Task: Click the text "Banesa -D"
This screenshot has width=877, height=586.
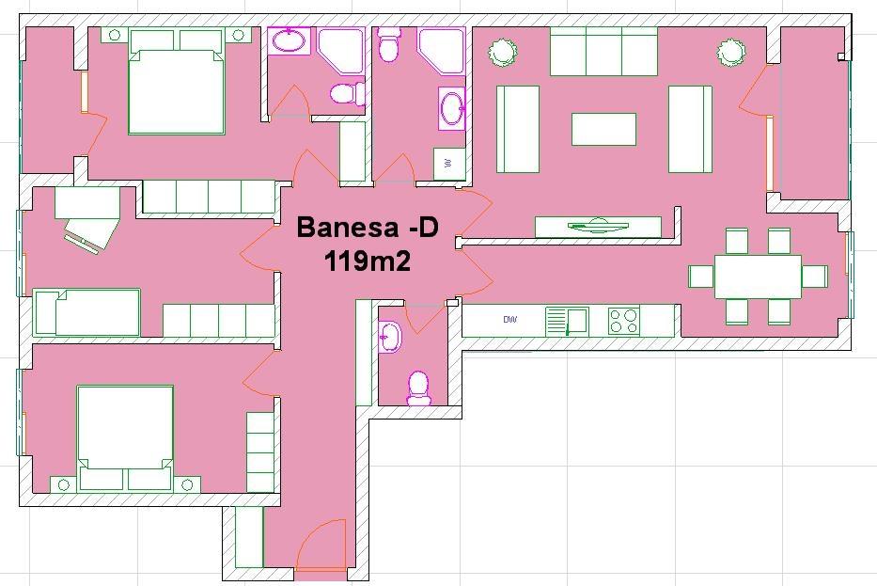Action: click(368, 228)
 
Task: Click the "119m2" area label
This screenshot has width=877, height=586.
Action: click(368, 261)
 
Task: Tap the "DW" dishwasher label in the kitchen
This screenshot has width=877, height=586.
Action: click(510, 320)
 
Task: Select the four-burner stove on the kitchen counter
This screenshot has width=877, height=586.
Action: click(624, 322)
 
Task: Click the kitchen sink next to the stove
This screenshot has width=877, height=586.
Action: click(567, 322)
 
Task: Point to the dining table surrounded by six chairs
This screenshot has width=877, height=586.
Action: click(758, 277)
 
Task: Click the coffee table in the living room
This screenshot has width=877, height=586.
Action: click(603, 129)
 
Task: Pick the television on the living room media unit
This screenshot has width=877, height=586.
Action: click(598, 225)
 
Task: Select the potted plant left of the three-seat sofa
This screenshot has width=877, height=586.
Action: click(503, 52)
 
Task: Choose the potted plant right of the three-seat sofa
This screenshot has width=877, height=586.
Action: click(731, 52)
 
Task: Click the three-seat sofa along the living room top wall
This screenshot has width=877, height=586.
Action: click(603, 52)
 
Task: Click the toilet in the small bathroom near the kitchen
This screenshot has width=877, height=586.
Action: click(418, 388)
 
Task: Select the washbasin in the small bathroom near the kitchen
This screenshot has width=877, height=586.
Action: click(389, 338)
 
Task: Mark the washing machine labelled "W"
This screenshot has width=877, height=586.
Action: click(449, 164)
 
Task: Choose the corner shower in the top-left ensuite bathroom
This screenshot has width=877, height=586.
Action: click(341, 51)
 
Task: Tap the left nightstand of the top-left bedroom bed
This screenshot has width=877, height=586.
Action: click(115, 35)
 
